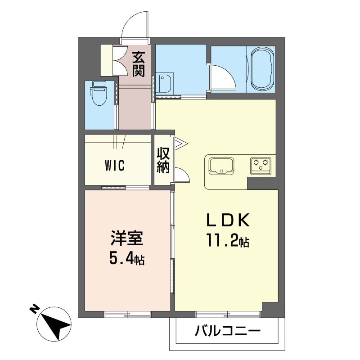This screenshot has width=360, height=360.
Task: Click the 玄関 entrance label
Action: click(x=139, y=64)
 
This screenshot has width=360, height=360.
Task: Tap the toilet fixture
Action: click(x=99, y=93)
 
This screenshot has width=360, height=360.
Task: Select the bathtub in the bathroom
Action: click(x=263, y=69)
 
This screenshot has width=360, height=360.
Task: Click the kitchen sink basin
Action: click(x=221, y=165)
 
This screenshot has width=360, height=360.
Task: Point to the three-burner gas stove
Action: click(x=261, y=164)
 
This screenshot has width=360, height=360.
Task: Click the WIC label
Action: click(x=115, y=165)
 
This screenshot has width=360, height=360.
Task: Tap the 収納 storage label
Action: click(x=163, y=160)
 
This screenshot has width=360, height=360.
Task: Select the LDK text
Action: click(x=228, y=220)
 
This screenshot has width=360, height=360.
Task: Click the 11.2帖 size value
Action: click(x=228, y=240)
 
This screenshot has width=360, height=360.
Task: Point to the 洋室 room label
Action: click(x=127, y=238)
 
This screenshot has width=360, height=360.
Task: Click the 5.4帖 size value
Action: click(x=127, y=259)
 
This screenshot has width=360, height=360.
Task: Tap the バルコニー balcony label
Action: click(x=228, y=331)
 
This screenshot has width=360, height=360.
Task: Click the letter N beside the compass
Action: click(x=35, y=309)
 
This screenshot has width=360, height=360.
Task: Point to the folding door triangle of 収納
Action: click(x=181, y=144)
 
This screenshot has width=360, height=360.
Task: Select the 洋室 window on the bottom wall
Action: click(x=128, y=314)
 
